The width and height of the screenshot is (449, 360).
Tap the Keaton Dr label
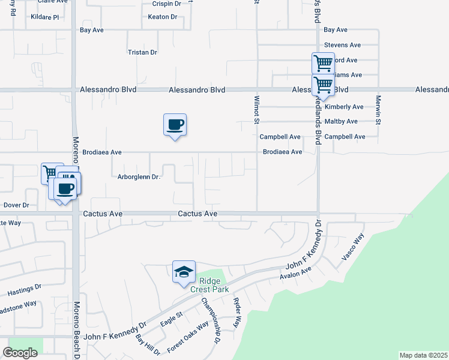(163, 17)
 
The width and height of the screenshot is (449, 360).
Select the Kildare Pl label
(44, 17)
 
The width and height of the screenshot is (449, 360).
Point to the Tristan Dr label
(142, 52)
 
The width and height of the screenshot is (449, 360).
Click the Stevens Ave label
(342, 45)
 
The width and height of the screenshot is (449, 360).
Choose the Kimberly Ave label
(344, 107)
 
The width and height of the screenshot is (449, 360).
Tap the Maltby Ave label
(341, 121)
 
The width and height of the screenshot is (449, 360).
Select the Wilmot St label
(256, 110)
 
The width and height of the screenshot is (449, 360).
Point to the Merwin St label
(379, 110)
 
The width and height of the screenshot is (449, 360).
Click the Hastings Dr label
(24, 291)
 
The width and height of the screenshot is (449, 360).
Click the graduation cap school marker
(184, 272)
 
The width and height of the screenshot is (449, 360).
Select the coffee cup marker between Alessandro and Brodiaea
(175, 125)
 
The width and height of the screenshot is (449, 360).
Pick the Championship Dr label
(211, 321)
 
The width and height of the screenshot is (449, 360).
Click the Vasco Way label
(354, 247)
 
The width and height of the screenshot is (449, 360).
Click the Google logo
(20, 353)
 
